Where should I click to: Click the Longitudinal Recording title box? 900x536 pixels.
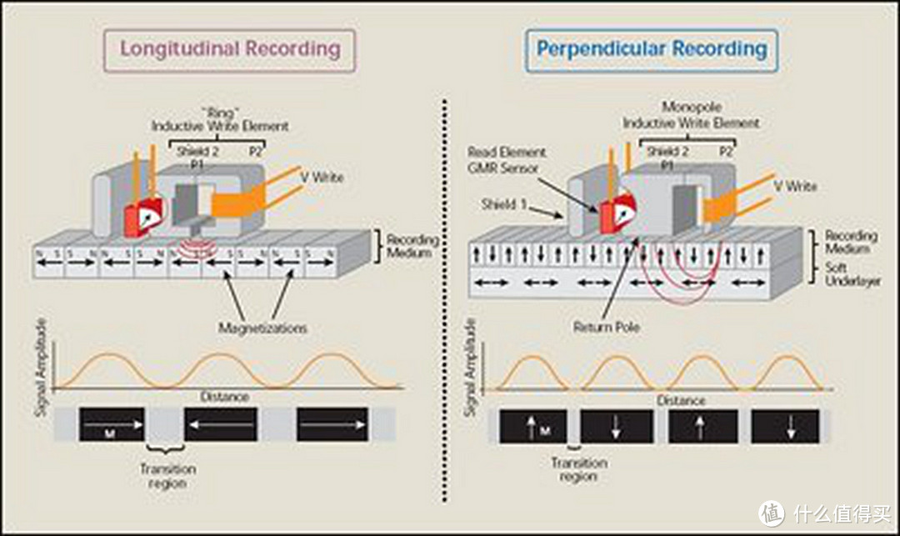pyautogui.click(x=229, y=49)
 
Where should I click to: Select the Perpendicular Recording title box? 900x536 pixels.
pyautogui.click(x=652, y=49)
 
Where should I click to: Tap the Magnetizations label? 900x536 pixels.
pyautogui.click(x=262, y=328)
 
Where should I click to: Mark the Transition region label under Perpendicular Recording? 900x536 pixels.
pyautogui.click(x=579, y=469)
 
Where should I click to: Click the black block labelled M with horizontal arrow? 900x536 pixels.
pyautogui.click(x=112, y=424)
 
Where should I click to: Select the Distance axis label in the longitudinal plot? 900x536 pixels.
pyautogui.click(x=224, y=397)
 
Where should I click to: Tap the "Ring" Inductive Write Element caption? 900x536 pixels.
pyautogui.click(x=220, y=119)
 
